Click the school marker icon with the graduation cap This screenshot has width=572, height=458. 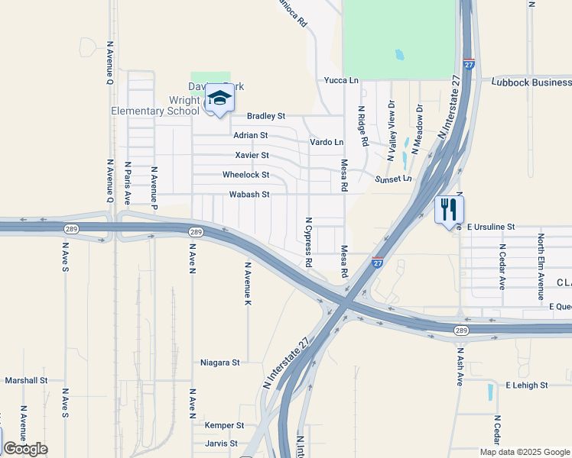tap(219, 98)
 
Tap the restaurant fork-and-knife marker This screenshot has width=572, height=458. tap(449, 208)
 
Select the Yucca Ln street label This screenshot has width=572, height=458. tap(341, 80)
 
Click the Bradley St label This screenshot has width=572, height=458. tap(266, 116)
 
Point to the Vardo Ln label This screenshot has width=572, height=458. tap(327, 142)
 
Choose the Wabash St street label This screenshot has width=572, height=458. tap(249, 195)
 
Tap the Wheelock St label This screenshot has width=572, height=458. tap(245, 175)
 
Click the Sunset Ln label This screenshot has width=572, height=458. tap(393, 179)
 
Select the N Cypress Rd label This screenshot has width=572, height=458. tap(309, 242)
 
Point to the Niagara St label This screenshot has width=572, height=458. tap(220, 363)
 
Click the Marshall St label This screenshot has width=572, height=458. tap(26, 379)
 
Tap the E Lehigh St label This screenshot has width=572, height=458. tap(527, 385)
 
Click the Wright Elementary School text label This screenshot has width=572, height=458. tap(155, 105)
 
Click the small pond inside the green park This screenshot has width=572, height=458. tap(398, 55)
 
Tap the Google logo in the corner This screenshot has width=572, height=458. tap(25, 449)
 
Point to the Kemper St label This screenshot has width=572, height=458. tap(224, 425)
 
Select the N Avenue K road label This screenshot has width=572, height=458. tap(248, 284)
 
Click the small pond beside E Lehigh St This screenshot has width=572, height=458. tap(490, 392)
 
